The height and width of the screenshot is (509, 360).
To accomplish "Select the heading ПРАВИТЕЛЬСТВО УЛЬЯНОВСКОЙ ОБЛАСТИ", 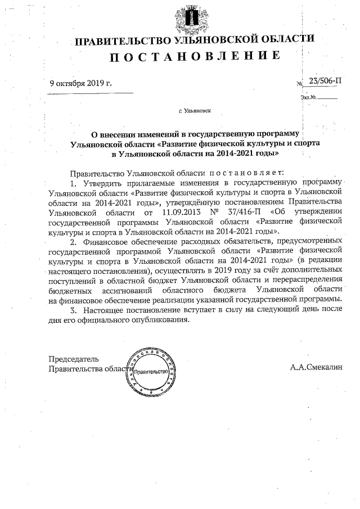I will [195, 40].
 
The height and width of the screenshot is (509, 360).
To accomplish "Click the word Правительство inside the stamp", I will [152, 372].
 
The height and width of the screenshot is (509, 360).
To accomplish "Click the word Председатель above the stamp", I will [74, 359].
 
